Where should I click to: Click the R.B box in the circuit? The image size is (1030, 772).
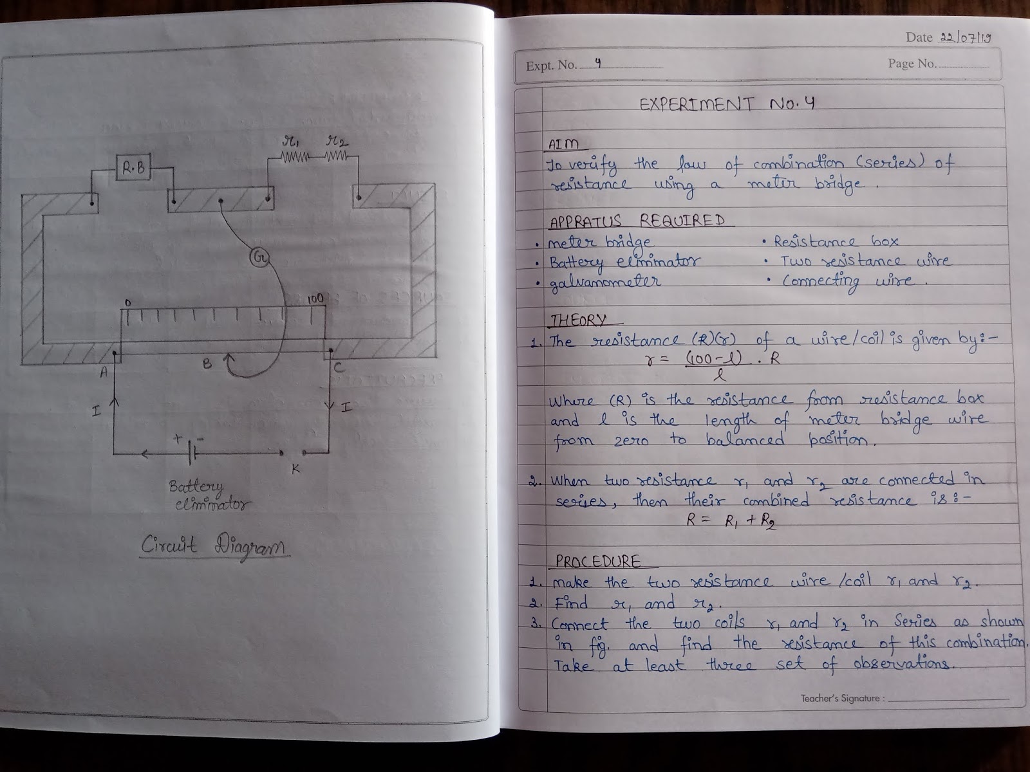[x=133, y=169]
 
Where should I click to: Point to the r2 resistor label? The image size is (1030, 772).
[x=337, y=140]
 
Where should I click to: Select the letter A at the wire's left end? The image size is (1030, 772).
[x=103, y=372]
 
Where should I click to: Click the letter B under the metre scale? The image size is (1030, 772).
[x=207, y=363]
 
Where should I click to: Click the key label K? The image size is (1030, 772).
[x=295, y=469]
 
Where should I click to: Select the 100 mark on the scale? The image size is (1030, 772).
[x=315, y=299]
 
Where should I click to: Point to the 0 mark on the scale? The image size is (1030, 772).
[x=128, y=302]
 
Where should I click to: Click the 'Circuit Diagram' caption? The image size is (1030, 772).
[x=214, y=547]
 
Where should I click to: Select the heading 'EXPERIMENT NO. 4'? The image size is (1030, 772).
[x=727, y=104]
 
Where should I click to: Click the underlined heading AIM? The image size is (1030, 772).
[x=563, y=144]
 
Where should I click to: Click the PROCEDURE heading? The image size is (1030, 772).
[x=598, y=561]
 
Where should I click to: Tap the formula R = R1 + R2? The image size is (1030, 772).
[x=731, y=521]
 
